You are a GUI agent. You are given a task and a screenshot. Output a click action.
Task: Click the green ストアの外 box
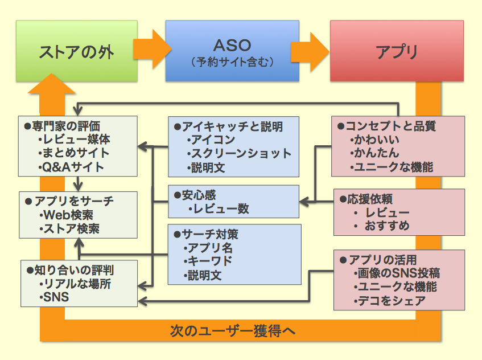click(x=76, y=51)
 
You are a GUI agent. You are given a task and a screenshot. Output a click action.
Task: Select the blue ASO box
click(x=232, y=51)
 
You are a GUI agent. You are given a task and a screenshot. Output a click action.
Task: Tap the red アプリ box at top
click(x=397, y=51)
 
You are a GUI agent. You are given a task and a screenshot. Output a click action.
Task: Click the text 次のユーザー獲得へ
click(x=233, y=330)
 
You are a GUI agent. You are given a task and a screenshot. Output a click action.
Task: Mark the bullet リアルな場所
click(x=74, y=283)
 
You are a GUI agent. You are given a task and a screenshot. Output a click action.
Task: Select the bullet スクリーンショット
click(x=239, y=154)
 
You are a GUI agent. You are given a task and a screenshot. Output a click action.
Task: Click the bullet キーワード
click(x=208, y=262)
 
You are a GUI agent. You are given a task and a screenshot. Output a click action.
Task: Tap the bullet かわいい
click(x=375, y=140)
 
